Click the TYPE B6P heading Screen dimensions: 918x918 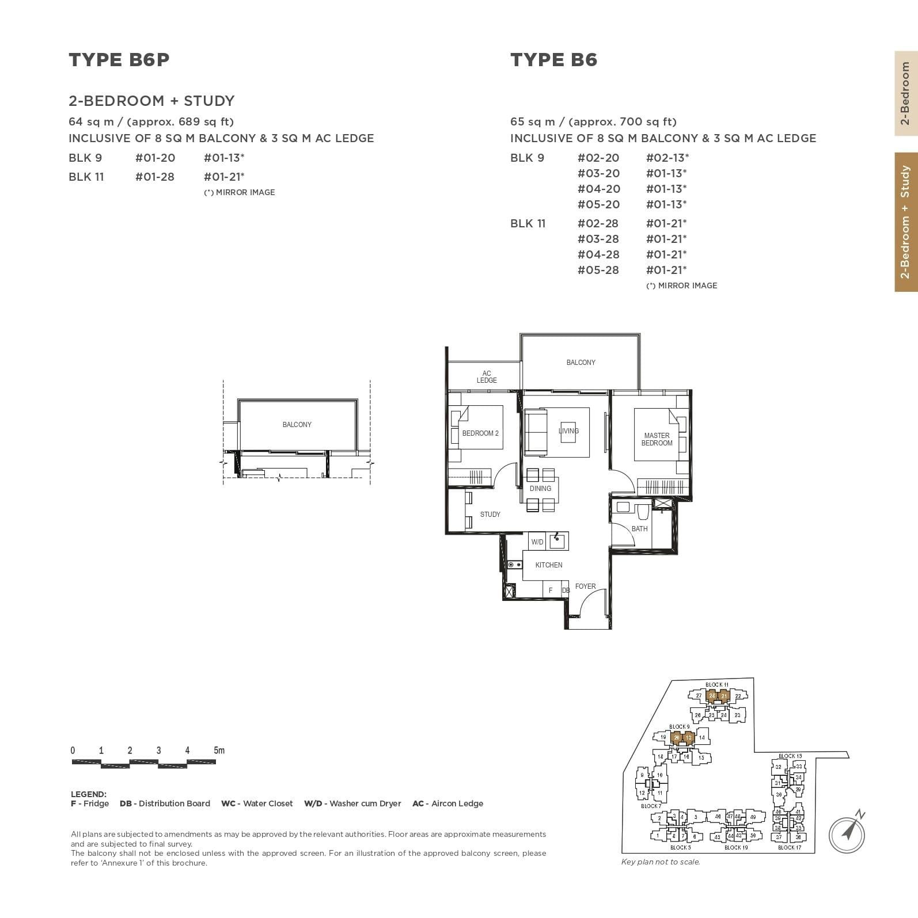[119, 60]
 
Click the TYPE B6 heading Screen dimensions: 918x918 [553, 60]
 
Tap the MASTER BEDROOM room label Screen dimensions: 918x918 [657, 439]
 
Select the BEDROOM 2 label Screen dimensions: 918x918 [480, 433]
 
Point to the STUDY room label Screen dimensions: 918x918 [490, 515]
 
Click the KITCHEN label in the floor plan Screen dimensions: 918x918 [548, 565]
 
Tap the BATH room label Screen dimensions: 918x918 [639, 529]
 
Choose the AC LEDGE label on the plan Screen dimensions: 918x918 [487, 377]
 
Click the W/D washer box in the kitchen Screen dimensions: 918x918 [537, 542]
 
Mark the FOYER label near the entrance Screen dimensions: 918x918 [585, 586]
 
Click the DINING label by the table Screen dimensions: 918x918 [540, 489]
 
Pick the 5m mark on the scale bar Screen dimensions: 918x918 [219, 751]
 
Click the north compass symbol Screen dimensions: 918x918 [847, 831]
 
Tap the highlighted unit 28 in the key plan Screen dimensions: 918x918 [712, 696]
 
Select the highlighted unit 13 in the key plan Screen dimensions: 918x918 [689, 737]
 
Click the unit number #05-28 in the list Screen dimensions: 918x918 [598, 270]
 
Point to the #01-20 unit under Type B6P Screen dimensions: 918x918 [155, 158]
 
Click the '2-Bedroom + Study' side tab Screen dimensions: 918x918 [905, 222]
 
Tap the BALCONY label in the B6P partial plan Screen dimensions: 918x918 [297, 425]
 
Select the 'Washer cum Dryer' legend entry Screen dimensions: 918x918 [352, 803]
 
